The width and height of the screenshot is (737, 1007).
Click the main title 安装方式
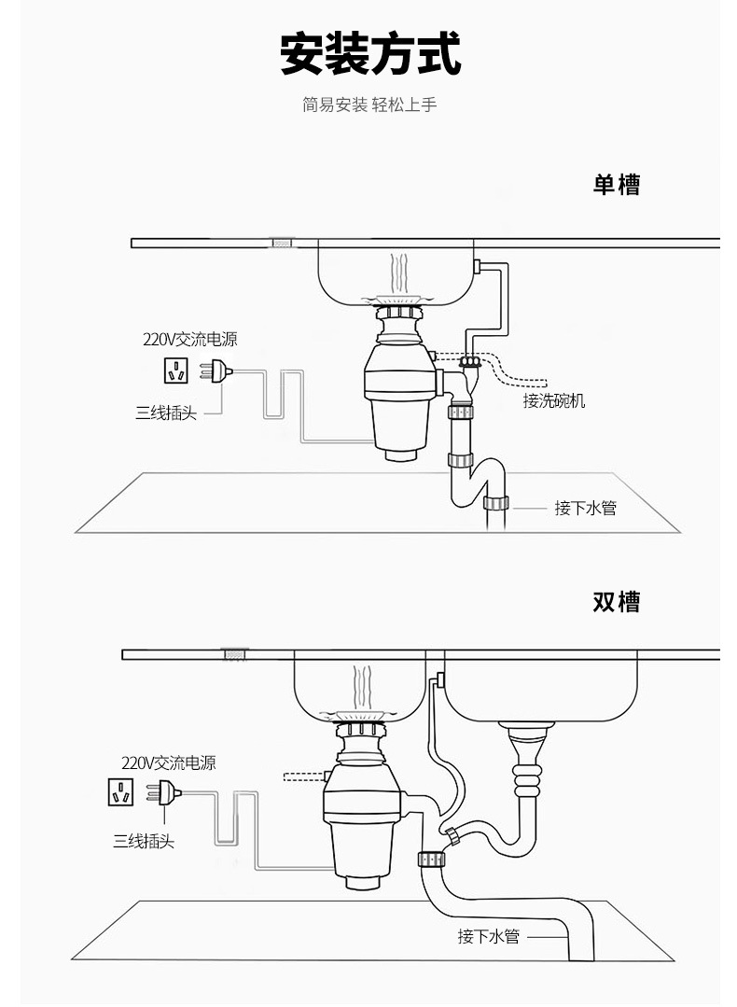pyautogui.click(x=370, y=54)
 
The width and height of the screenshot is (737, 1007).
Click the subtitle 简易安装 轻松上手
pyautogui.click(x=369, y=105)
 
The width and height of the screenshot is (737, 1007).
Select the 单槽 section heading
pyautogui.click(x=617, y=184)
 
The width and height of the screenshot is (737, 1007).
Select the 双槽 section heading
pyautogui.click(x=617, y=601)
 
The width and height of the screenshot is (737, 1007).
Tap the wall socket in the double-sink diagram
pyautogui.click(x=120, y=792)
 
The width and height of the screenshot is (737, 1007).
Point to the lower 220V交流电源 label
pyautogui.click(x=168, y=762)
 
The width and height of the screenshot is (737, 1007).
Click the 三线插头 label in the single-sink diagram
pyautogui.click(x=165, y=413)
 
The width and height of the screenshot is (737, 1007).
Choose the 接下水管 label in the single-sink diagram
pyautogui.click(x=585, y=508)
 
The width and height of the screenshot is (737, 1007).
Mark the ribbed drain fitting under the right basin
pyautogui.click(x=527, y=776)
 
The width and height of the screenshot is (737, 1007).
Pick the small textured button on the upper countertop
pyautogui.click(x=281, y=243)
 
